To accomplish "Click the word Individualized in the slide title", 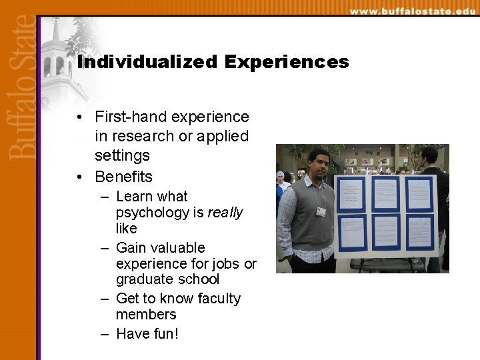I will [x=147, y=62].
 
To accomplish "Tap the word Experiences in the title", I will [x=287, y=62].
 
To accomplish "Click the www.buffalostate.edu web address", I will [x=412, y=11].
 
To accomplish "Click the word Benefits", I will [x=123, y=177].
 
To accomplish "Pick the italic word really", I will [x=225, y=213].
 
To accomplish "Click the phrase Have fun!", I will [x=147, y=333].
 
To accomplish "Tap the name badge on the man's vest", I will [x=321, y=211].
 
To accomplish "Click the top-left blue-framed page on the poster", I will [x=351, y=194].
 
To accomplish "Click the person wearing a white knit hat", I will [x=280, y=179].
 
